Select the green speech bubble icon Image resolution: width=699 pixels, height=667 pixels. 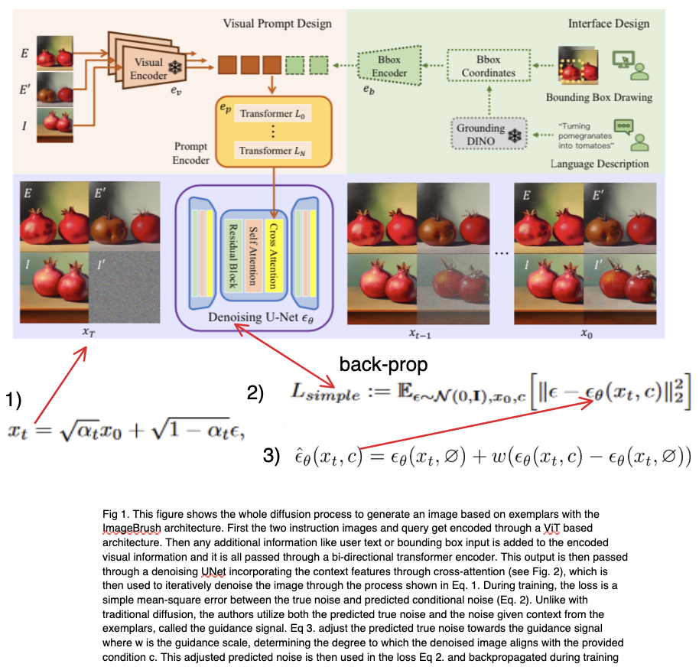[x=625, y=125]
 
